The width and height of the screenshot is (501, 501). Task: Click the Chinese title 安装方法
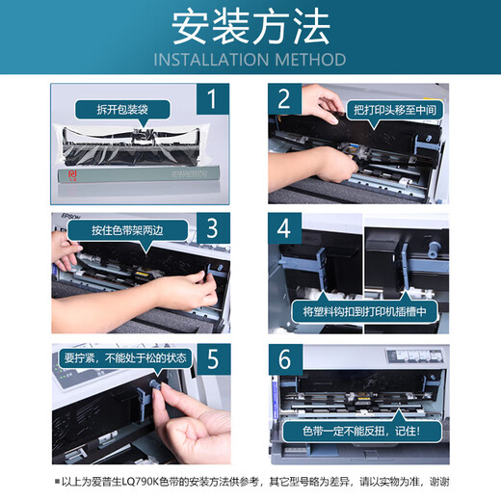click(x=250, y=29)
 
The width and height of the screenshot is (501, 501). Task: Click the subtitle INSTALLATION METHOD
click(x=250, y=60)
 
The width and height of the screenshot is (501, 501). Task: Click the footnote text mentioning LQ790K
click(x=256, y=482)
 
